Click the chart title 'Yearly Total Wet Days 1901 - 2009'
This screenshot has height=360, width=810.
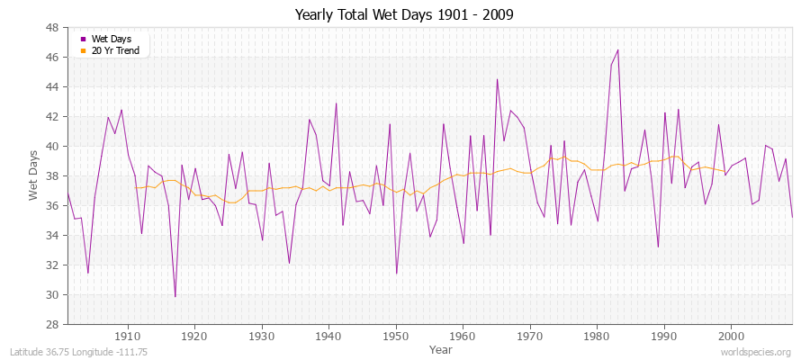tap(405, 15)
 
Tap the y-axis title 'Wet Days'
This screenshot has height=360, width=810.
tap(34, 175)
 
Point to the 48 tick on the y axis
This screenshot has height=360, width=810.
tap(52, 27)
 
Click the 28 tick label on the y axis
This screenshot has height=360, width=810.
tap(52, 324)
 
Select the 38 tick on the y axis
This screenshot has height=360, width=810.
tap(52, 175)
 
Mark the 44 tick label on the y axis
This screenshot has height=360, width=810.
tap(52, 86)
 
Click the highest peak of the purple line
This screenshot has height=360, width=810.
tap(617, 49)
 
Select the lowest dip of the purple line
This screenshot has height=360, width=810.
tap(175, 296)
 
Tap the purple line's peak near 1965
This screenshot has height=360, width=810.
tap(497, 79)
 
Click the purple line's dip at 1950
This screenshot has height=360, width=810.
tap(396, 274)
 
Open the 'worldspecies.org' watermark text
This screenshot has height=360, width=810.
tap(757, 352)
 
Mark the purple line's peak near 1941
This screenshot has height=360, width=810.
tap(336, 103)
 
